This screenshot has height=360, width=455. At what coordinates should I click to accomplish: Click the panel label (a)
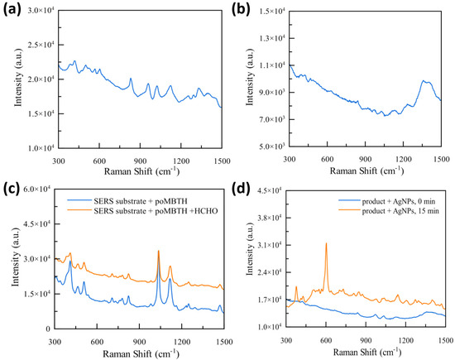pos(10,11)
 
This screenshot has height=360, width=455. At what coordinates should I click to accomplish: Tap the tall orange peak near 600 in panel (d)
pos(326,244)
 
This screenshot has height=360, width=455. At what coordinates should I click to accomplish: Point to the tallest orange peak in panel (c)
pos(158,252)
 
